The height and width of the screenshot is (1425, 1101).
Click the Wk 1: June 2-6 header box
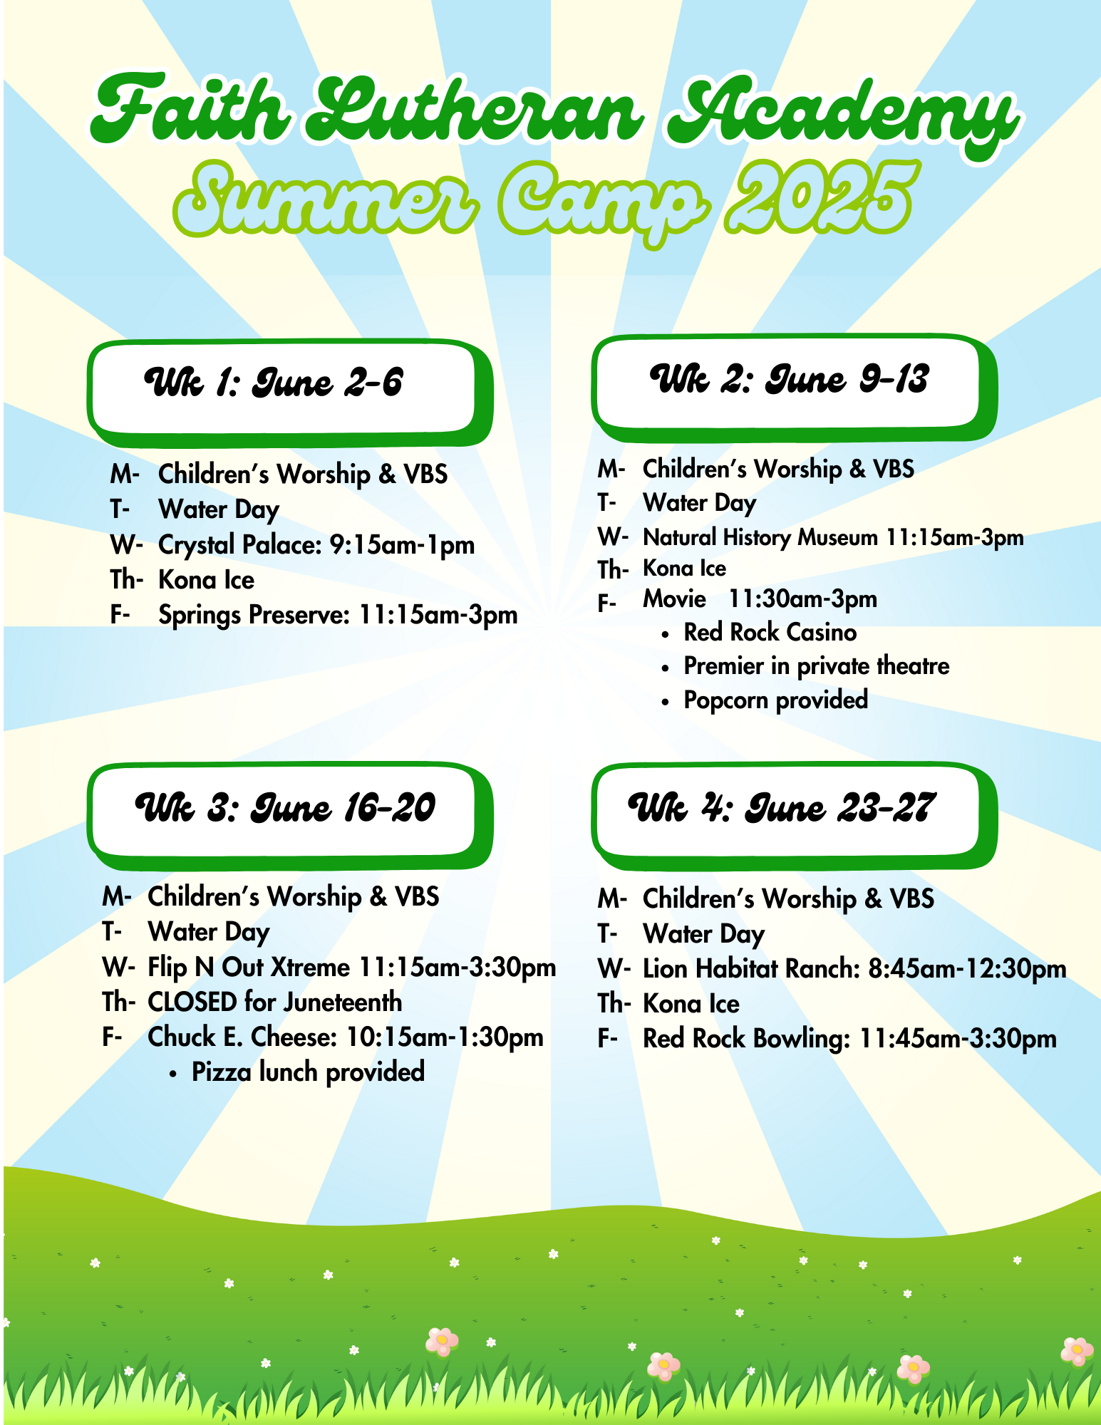289,392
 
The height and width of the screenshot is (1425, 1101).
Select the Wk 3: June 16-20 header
289,816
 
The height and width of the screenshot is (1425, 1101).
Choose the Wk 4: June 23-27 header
794,816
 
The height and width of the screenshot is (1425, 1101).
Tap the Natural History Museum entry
760,537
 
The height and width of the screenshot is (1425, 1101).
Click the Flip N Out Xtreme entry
249,967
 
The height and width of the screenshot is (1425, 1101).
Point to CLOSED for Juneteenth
274,1002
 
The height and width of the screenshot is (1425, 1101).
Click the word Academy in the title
842,114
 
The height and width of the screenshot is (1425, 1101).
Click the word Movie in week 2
673,598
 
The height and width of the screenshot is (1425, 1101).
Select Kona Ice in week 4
691,1004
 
